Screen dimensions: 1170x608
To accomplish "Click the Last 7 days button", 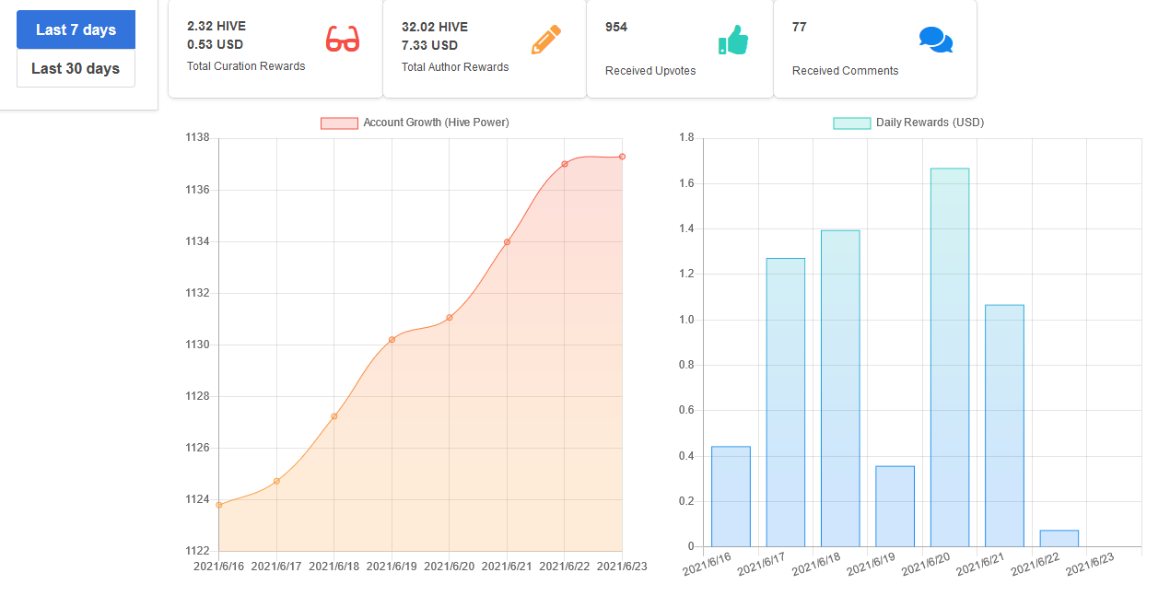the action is click(x=76, y=29).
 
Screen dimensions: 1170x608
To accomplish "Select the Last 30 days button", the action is click(x=76, y=68).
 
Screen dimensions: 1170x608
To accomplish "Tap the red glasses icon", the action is click(x=343, y=39).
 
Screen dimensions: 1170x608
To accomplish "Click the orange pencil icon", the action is click(x=545, y=40).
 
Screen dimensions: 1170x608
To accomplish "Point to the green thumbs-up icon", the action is click(x=733, y=40).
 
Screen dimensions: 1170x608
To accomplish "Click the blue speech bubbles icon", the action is click(x=936, y=40).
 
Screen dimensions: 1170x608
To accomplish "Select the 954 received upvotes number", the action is click(x=615, y=27).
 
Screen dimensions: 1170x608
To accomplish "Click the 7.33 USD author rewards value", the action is click(x=429, y=45).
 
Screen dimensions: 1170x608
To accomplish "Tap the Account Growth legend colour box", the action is click(x=340, y=123).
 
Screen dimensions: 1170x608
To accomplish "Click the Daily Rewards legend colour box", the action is click(x=852, y=123).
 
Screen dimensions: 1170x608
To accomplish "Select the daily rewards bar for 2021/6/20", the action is click(x=950, y=357).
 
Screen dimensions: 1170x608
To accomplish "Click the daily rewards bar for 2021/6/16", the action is click(x=731, y=497).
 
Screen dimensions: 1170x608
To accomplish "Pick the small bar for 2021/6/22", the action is click(x=1059, y=539).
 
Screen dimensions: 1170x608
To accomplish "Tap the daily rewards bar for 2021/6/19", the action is click(x=895, y=507).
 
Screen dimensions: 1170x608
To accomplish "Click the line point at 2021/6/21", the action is click(x=507, y=242).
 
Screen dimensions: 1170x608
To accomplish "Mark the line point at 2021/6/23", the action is click(x=622, y=157).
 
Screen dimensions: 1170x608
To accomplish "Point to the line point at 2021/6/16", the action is click(x=219, y=505).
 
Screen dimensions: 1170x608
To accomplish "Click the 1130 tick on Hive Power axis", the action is click(x=197, y=345).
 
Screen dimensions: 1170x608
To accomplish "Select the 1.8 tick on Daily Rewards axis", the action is click(x=686, y=137).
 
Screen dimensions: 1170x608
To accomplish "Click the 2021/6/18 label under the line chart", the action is click(x=333, y=567).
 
